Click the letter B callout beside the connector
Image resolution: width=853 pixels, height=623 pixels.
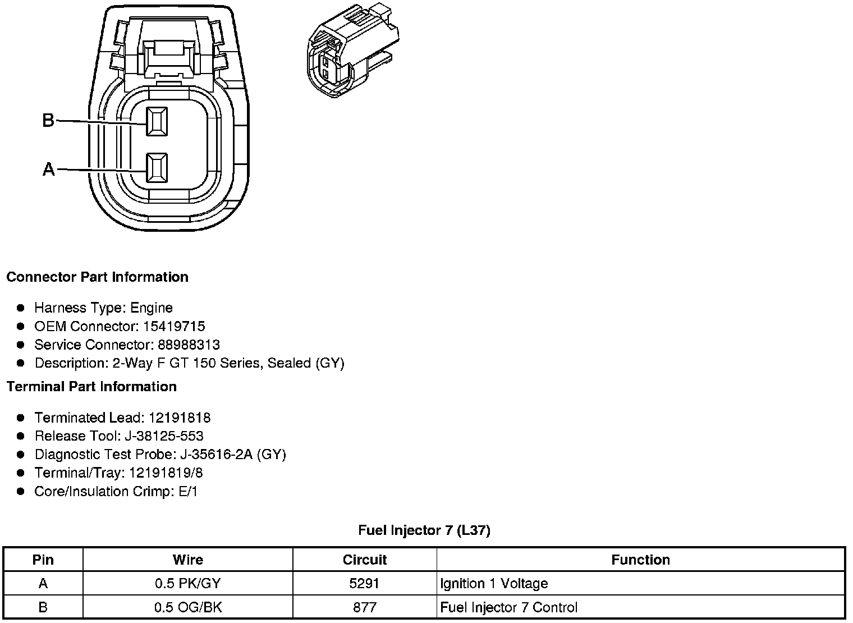pos(48,120)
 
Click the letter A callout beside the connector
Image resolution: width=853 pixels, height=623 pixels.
pos(49,169)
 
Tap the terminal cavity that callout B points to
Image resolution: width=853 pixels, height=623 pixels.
pos(157,121)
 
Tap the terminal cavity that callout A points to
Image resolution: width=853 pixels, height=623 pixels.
pos(157,168)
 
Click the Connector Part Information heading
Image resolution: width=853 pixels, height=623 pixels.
pos(97,277)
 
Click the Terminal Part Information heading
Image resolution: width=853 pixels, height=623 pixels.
pos(91,387)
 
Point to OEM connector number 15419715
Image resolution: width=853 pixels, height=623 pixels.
pos(173,326)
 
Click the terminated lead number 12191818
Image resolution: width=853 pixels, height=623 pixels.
pos(180,418)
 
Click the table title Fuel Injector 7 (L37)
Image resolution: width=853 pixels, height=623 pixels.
pos(424,530)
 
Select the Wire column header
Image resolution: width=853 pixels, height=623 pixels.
pos(188,560)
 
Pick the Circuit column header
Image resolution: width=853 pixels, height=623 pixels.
pos(365,560)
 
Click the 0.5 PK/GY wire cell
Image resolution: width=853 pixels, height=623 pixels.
pos(188,584)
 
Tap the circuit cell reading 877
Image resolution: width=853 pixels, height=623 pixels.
pos(365,607)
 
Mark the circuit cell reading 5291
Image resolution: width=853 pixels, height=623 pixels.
pos(365,584)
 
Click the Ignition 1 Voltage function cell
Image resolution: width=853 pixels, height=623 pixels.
pos(494,584)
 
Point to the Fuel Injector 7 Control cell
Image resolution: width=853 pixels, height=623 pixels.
pos(509,607)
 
